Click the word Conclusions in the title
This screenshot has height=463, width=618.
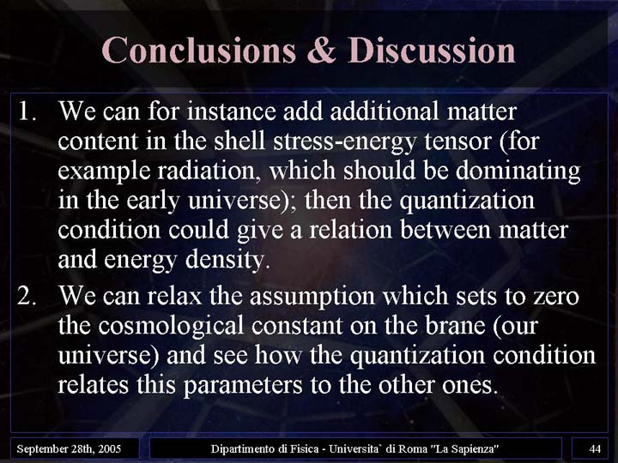point(199,51)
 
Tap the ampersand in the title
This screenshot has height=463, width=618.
point(322,51)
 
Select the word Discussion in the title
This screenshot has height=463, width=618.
point(432,51)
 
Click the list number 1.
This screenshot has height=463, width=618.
point(27,111)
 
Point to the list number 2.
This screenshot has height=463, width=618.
point(27,296)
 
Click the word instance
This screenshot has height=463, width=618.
point(232,111)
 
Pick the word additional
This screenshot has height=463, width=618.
point(385,111)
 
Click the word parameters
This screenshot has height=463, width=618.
point(243,386)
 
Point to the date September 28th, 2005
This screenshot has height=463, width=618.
point(69,448)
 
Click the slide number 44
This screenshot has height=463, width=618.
point(595,448)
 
